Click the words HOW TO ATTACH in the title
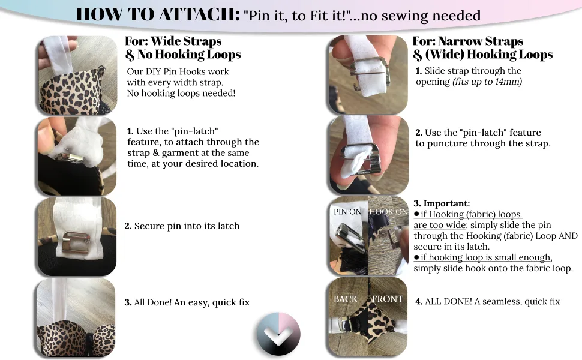(x=158, y=14)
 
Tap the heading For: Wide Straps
(x=173, y=41)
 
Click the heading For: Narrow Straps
(x=467, y=41)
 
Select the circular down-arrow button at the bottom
(x=278, y=334)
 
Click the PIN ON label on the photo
(x=347, y=212)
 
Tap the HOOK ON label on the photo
(x=388, y=212)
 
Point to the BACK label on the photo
(x=345, y=299)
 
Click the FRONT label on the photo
(x=388, y=299)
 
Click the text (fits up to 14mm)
(x=487, y=82)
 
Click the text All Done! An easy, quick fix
(x=191, y=302)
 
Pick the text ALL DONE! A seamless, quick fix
(x=492, y=301)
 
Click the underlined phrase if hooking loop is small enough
(x=486, y=257)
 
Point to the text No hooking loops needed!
(x=181, y=93)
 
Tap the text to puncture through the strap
(x=482, y=143)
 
